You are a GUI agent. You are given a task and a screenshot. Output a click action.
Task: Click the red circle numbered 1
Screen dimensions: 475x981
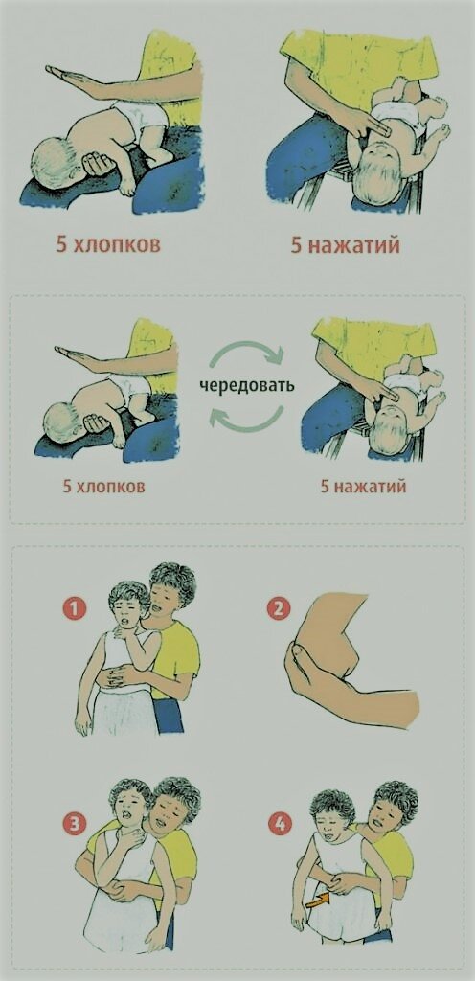point(75,608)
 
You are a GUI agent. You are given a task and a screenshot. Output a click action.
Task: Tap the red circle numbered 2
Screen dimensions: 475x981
point(278,608)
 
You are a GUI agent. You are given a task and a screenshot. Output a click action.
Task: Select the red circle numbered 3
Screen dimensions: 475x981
point(75,825)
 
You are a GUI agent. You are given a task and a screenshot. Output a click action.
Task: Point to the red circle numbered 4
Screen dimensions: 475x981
point(280,825)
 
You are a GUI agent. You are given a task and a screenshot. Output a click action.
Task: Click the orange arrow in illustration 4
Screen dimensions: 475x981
point(319,901)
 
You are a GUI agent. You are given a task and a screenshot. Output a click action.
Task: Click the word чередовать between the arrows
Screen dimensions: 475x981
point(247,385)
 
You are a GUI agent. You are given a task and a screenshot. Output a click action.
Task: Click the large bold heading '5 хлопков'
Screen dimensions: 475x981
point(108,244)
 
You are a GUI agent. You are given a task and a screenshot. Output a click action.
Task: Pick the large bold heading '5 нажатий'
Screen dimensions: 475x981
point(345,244)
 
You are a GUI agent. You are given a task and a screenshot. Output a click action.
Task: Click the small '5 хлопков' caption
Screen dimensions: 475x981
point(103,486)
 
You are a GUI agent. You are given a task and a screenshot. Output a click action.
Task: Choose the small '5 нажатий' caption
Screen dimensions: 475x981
point(363,486)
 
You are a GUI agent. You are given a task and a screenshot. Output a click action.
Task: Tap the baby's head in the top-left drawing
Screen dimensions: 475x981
point(55,162)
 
